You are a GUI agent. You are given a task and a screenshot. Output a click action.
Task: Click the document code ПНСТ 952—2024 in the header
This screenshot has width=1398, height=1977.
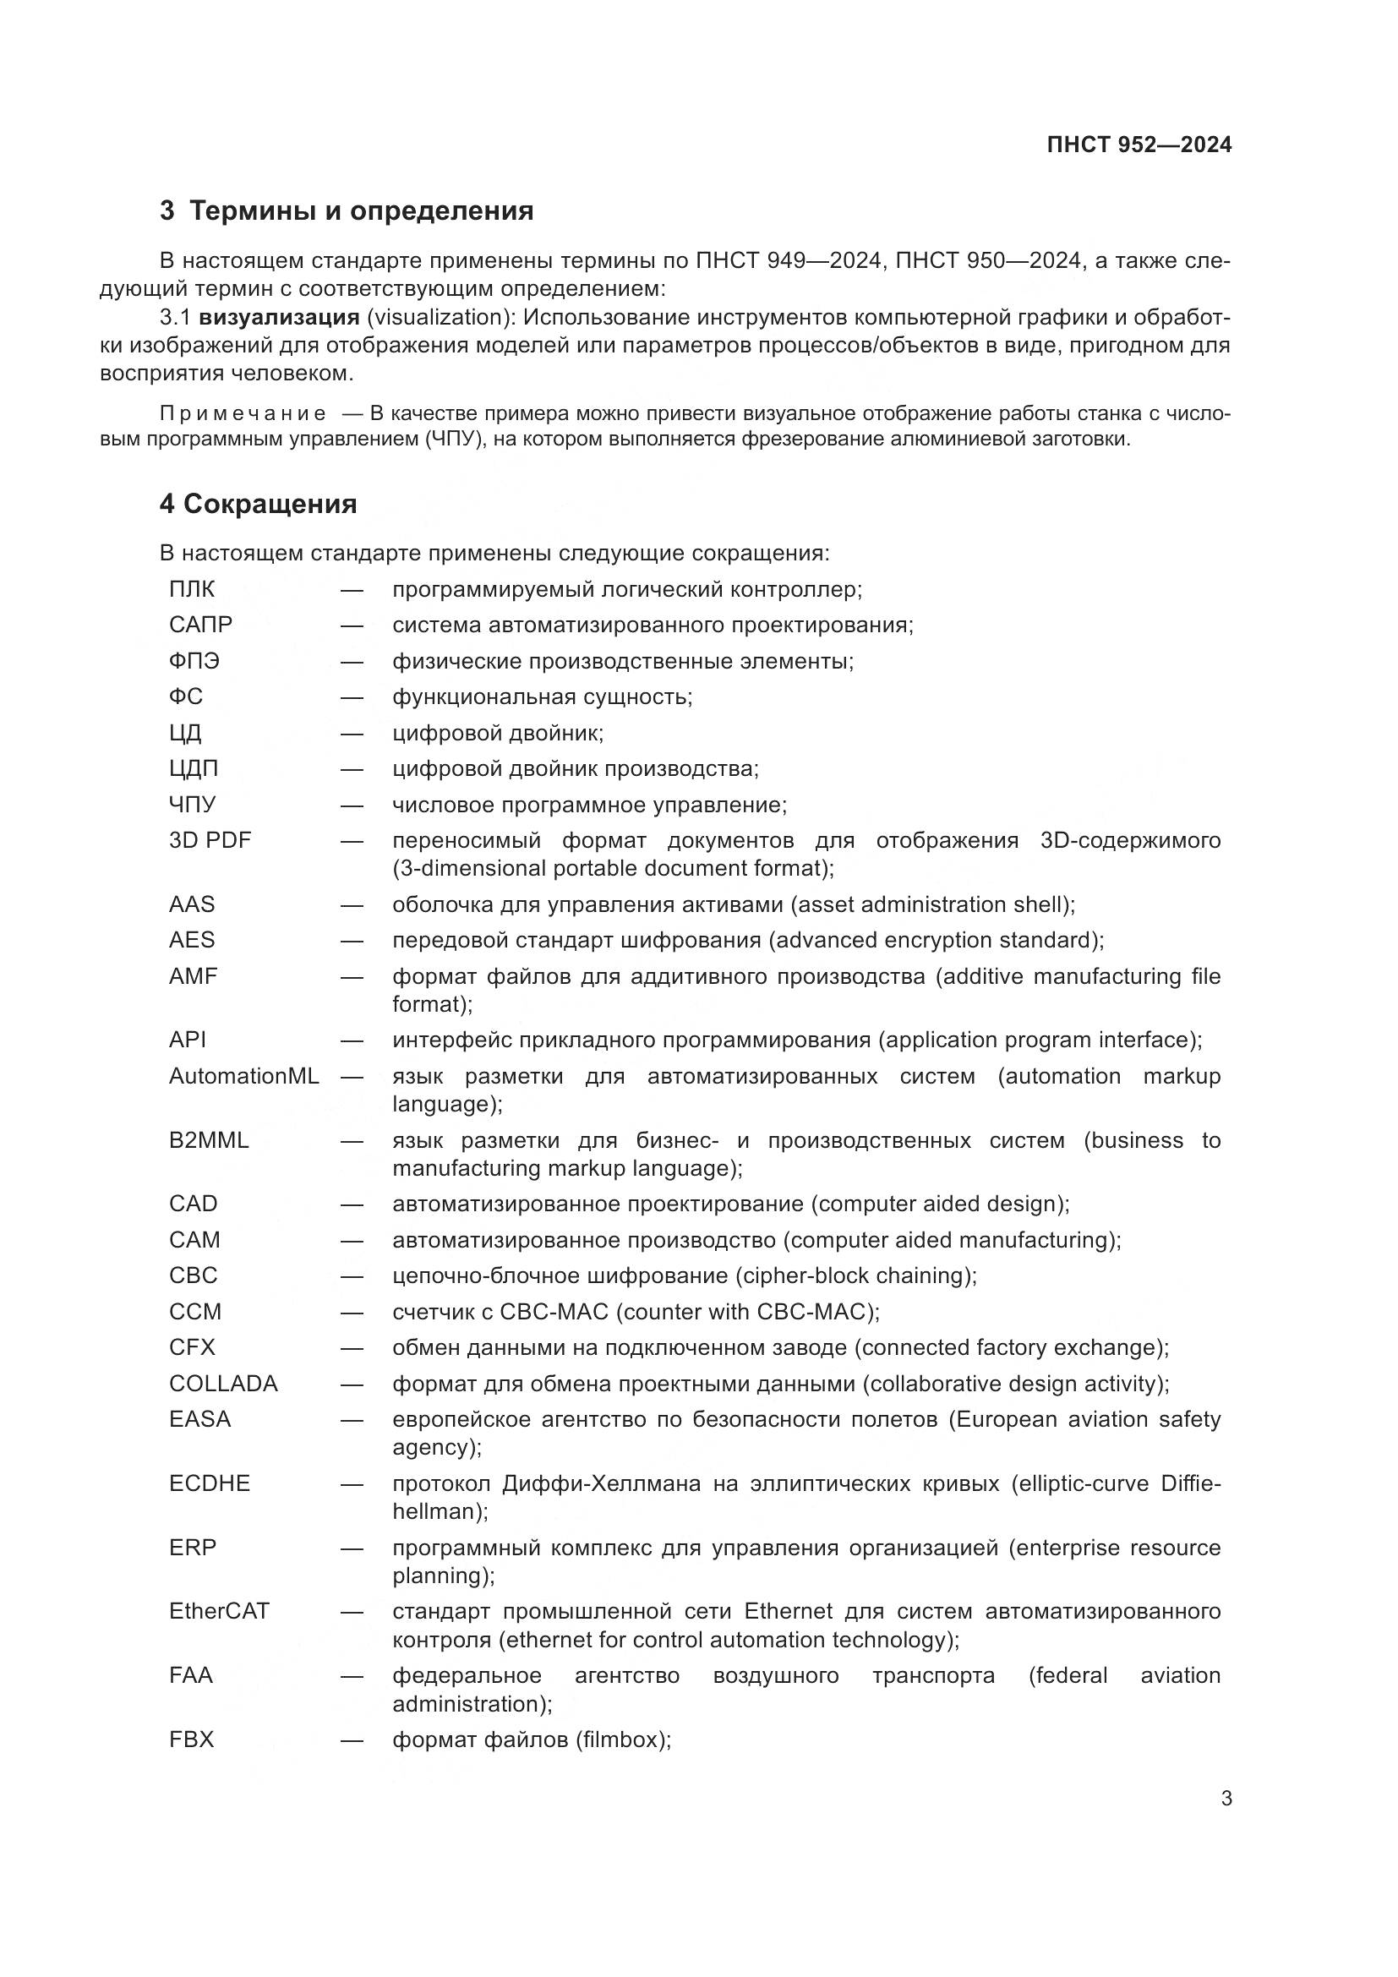click(x=1138, y=145)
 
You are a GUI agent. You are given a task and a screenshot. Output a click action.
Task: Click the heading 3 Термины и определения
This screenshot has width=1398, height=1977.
click(x=346, y=211)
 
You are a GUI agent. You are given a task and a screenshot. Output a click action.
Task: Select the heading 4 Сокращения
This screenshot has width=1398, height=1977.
click(x=259, y=504)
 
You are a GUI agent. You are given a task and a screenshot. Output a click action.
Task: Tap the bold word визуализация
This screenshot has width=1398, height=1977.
click(x=279, y=318)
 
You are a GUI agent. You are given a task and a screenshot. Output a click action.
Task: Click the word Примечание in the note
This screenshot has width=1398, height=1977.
click(x=243, y=413)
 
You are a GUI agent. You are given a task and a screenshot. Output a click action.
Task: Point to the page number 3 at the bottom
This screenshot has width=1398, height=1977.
click(x=1226, y=1799)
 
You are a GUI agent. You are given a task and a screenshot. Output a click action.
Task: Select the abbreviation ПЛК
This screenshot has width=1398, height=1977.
click(x=192, y=590)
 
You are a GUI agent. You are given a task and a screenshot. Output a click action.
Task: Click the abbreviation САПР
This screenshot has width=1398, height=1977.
click(x=200, y=625)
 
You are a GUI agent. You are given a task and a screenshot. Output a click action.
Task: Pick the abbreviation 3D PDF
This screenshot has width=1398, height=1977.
click(x=210, y=840)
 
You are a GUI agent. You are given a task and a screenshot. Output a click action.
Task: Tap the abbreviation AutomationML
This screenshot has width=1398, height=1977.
click(x=243, y=1076)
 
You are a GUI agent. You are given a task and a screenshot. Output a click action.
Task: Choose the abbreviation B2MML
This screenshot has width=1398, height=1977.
click(x=208, y=1141)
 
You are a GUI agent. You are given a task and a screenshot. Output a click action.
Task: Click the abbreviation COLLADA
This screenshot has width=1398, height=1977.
click(x=223, y=1384)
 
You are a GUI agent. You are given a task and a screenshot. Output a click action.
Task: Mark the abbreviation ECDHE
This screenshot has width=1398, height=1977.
click(x=209, y=1483)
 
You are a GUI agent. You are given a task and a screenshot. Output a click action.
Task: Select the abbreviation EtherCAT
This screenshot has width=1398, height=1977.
click(x=219, y=1611)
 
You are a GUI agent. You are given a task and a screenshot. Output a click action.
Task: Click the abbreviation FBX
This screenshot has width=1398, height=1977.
click(x=191, y=1739)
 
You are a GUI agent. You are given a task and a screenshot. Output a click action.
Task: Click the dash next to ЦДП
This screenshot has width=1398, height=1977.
click(x=352, y=769)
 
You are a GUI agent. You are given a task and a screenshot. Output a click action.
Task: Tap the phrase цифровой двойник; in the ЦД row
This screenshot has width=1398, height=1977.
click(x=498, y=733)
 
